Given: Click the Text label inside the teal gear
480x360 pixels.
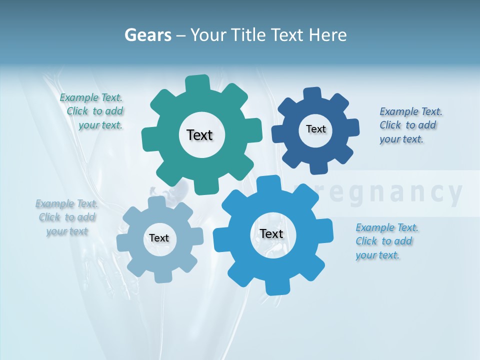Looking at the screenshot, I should click(x=199, y=135).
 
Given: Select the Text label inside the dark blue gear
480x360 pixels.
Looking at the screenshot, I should click(x=315, y=129).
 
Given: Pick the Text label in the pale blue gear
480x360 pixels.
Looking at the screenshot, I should click(x=159, y=238).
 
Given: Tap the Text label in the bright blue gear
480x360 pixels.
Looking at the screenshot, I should click(x=271, y=233).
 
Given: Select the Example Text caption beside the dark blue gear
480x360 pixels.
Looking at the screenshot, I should click(x=410, y=125).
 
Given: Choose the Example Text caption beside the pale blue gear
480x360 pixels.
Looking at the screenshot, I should click(x=67, y=217).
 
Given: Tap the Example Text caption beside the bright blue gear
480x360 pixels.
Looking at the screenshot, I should click(x=386, y=241).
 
